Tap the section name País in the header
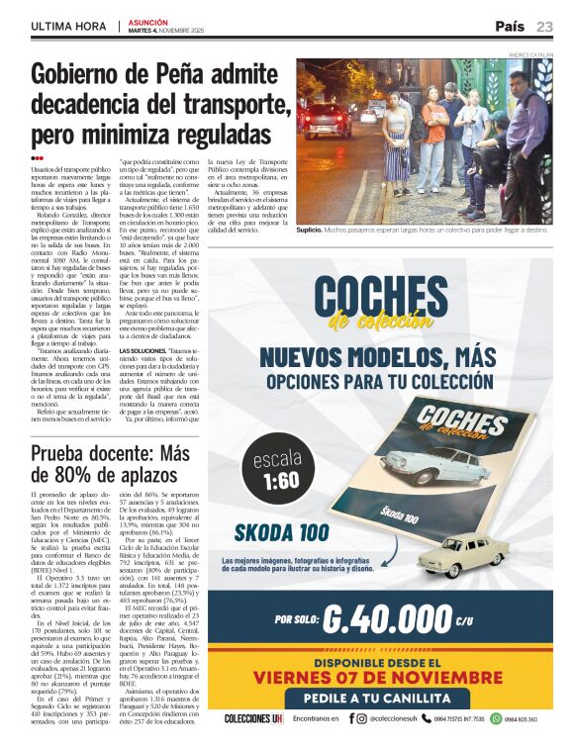510,27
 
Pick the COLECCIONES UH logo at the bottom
254,718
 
